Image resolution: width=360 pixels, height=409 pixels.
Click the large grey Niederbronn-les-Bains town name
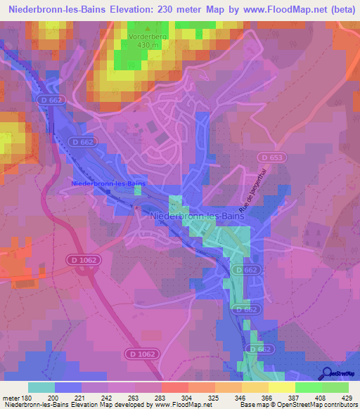point(198,218)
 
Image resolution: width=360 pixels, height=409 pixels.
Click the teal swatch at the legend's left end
point(41,387)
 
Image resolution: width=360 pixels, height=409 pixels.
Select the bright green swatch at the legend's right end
point(335,387)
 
